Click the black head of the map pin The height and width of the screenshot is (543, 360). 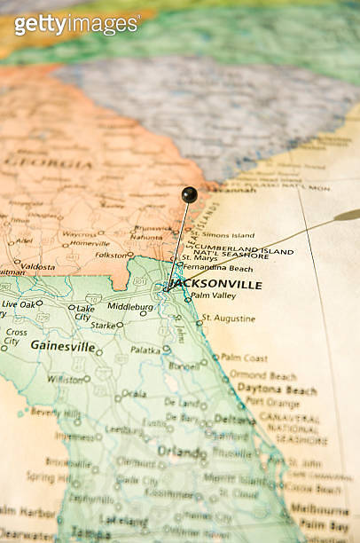coord(189,194)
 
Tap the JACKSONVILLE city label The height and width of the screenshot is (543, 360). coord(215,285)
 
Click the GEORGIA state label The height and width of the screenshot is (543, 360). coord(49,163)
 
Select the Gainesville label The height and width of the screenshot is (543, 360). coord(62,346)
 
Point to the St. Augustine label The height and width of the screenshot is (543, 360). coord(228,318)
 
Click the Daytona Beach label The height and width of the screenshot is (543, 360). coord(276,390)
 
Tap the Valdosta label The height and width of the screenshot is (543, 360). coord(37,266)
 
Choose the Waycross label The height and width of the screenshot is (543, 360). coord(79,234)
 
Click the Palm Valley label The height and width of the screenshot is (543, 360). coord(213,295)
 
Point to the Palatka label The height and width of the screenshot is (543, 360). coord(145,350)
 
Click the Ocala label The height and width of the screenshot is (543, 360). coord(134,393)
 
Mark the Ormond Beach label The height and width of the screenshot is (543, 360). coord(262,375)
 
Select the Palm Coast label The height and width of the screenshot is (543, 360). coord(243,358)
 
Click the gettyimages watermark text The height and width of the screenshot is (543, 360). coord(76,23)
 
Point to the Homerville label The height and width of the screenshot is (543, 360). coord(90,243)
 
